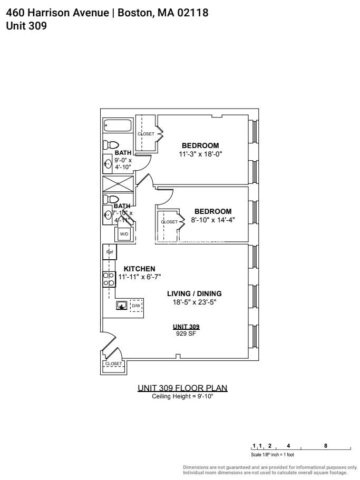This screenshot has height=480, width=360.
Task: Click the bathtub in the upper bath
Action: [118, 126]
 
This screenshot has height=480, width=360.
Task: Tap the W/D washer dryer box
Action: [124, 233]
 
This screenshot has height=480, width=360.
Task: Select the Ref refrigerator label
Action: [110, 252]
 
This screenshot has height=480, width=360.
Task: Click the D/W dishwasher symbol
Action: [135, 306]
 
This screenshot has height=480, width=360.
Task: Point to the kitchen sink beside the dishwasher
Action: [122, 306]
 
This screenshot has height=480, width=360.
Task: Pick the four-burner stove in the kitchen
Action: [109, 279]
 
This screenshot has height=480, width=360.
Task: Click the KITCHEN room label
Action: [139, 269]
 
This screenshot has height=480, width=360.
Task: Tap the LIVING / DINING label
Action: [194, 293]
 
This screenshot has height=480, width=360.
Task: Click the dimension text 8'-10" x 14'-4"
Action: [212, 220]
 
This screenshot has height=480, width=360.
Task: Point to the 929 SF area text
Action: [188, 334]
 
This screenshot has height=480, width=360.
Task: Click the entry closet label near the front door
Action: [113, 364]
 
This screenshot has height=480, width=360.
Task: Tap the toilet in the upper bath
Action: [112, 145]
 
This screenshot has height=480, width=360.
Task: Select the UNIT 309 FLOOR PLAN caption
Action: [182, 388]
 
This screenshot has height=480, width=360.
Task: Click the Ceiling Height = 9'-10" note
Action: [182, 396]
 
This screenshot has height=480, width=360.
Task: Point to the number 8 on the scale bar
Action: [326, 445]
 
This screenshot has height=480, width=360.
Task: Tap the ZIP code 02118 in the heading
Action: [190, 13]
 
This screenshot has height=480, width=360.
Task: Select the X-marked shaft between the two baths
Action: [118, 185]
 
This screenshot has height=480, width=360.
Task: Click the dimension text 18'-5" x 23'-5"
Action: [194, 302]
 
